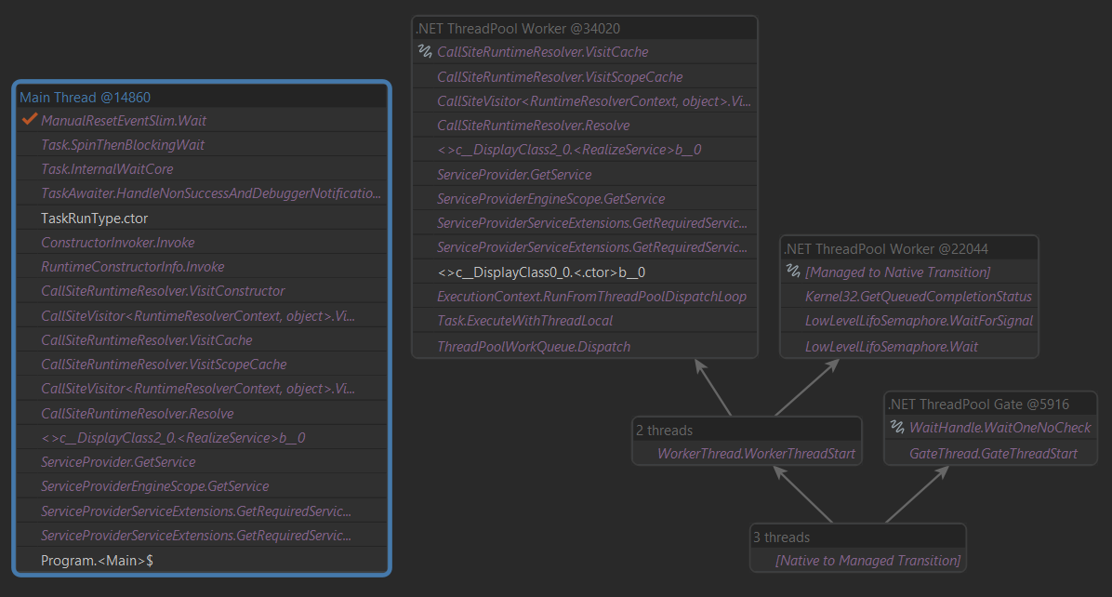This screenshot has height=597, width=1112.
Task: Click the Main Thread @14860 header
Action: (x=85, y=97)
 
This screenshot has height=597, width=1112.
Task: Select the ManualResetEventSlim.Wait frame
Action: (x=124, y=121)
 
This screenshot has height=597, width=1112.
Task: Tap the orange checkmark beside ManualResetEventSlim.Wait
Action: (x=29, y=120)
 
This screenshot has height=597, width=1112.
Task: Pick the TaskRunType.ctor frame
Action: (x=94, y=219)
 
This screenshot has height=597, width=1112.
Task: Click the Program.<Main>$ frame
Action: (x=97, y=561)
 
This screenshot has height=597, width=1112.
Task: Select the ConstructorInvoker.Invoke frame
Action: (x=118, y=243)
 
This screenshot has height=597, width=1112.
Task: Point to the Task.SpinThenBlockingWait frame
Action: (x=123, y=145)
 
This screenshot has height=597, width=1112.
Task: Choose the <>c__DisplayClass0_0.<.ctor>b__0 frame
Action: (x=541, y=272)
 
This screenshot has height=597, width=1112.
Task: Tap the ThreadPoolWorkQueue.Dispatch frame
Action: (x=534, y=346)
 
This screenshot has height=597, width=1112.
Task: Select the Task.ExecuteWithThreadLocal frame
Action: (x=525, y=321)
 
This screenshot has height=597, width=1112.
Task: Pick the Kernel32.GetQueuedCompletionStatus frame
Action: (x=919, y=297)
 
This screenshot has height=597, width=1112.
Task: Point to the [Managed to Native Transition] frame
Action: (x=897, y=272)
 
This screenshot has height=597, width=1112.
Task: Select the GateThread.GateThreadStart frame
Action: (x=993, y=454)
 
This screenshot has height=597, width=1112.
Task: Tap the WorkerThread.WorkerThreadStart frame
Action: (x=756, y=454)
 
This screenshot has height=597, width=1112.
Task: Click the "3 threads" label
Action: (x=781, y=537)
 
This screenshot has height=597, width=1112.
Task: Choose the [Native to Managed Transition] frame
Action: (x=867, y=561)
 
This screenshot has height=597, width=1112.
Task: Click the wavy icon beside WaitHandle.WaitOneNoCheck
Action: (x=897, y=428)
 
